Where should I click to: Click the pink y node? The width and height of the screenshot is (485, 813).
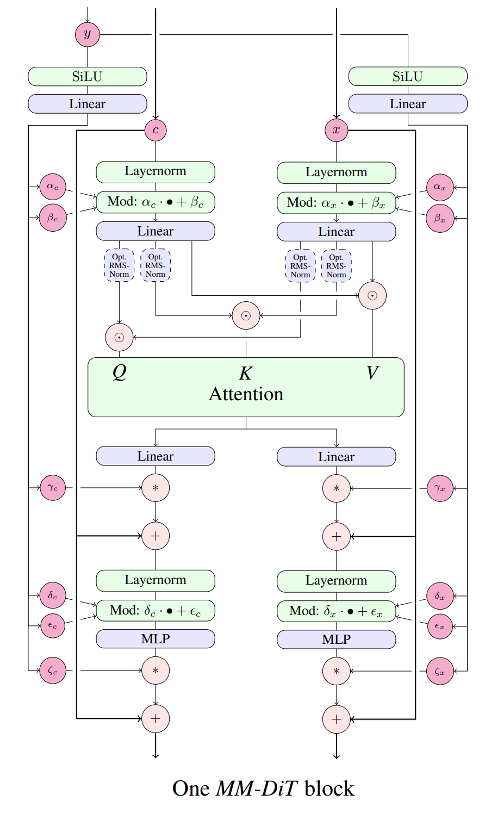coord(88,34)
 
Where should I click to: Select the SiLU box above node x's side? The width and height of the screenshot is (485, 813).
coord(407,77)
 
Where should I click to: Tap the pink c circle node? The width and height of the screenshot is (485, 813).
coord(156,130)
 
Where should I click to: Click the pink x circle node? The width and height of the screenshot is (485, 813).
coord(336,130)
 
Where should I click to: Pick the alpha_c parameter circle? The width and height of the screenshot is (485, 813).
coord(53,187)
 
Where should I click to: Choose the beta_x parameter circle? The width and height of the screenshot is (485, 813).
coord(439,219)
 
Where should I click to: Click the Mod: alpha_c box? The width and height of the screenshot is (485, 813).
coord(156,202)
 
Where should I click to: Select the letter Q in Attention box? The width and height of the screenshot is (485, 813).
coord(119,372)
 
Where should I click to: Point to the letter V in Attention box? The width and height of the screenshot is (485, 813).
coord(372,373)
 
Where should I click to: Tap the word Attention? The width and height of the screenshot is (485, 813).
coord(246,394)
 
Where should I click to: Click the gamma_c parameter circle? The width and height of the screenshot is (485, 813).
coord(53,488)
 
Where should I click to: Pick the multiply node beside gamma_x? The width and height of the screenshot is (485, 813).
coord(336,488)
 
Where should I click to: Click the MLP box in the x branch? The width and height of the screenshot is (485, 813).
coord(336,640)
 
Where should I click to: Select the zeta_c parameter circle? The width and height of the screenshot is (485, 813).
coord(53,671)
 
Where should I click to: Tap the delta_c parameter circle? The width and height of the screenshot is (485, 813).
coord(53,595)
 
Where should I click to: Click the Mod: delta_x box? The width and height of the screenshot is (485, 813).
coord(336,611)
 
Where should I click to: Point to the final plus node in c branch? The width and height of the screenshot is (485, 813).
coord(156,719)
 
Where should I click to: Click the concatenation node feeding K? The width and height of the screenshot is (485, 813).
coord(246,315)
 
